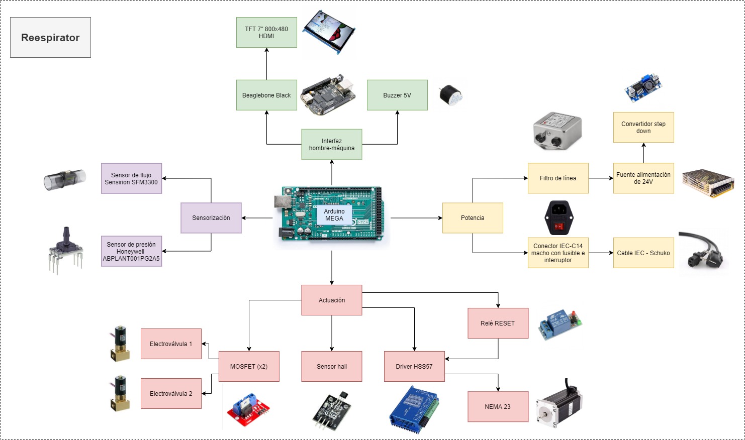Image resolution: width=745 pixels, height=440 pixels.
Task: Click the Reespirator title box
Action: tap(50, 38)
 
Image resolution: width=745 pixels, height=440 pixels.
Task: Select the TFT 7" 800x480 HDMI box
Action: tap(266, 33)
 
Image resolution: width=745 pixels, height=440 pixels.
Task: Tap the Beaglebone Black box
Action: tap(266, 95)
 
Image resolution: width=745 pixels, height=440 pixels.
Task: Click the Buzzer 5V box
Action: tap(397, 95)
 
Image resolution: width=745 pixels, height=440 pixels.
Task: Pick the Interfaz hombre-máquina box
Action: tap(332, 145)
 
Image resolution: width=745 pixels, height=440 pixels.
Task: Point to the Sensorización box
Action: tap(211, 218)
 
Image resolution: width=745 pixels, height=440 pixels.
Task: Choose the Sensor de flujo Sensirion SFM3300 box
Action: tap(131, 178)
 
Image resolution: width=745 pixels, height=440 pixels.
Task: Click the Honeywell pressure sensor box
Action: tap(131, 251)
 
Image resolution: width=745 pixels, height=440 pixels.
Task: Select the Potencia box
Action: tap(473, 218)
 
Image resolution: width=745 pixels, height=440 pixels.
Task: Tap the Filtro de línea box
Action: tap(558, 178)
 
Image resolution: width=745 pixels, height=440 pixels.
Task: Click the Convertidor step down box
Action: tap(643, 128)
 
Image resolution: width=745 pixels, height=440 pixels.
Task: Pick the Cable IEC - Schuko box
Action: tap(643, 253)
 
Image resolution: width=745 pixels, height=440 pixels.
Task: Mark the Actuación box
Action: tap(332, 300)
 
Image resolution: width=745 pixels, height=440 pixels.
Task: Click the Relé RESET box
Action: tap(498, 323)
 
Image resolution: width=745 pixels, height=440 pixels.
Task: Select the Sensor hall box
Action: tap(332, 366)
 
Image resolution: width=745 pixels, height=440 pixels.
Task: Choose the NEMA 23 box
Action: tap(498, 406)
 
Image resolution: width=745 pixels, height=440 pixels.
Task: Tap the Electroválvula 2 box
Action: tap(171, 393)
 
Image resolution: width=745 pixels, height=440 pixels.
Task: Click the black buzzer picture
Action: tap(450, 95)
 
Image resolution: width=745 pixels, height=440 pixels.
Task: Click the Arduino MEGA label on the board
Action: tap(334, 215)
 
